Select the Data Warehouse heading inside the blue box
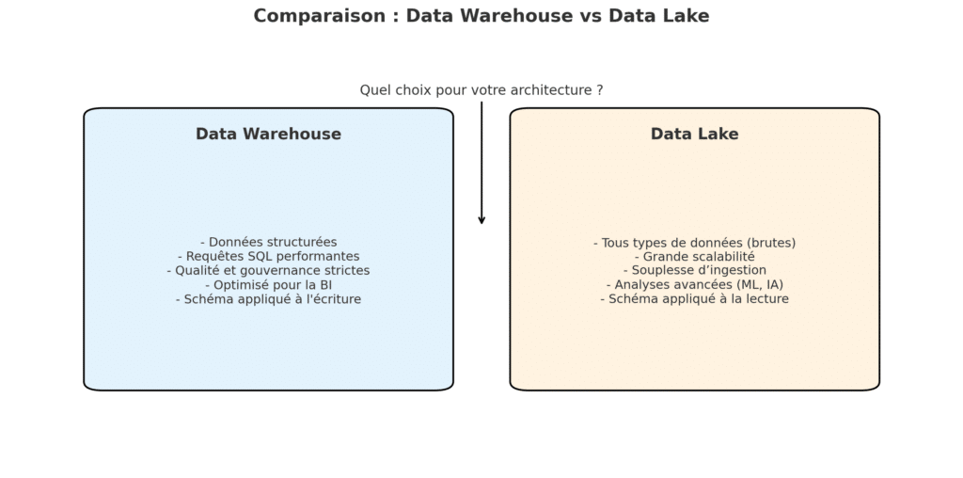268,134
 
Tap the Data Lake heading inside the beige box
695,134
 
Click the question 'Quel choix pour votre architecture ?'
481,90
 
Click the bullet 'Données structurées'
268,242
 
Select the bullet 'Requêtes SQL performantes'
268,256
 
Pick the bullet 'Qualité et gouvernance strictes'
268,270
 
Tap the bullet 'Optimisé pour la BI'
268,285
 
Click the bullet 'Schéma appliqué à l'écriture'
268,299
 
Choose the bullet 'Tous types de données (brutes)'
695,243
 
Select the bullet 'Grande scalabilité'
695,257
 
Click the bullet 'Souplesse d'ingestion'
695,270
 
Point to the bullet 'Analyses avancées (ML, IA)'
695,284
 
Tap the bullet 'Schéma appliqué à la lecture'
695,298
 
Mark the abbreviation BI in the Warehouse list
325,285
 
